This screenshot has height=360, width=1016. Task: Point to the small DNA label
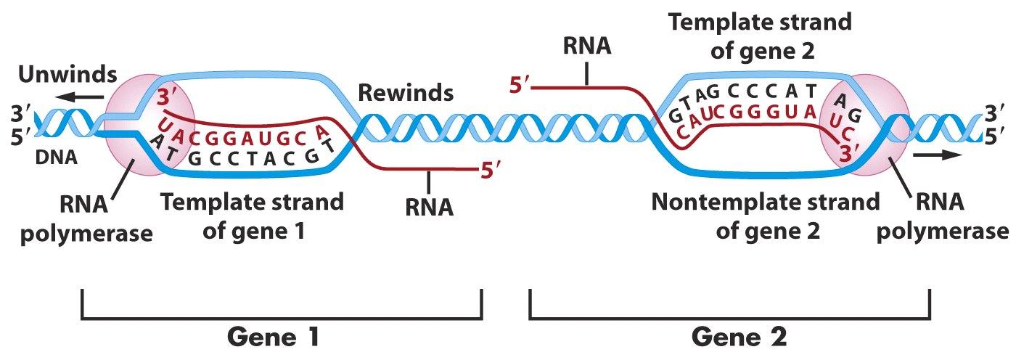(57, 156)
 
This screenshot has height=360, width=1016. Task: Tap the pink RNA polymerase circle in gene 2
(864, 123)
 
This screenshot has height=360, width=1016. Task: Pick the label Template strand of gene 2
(760, 36)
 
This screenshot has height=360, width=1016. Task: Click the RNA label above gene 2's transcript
(587, 46)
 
